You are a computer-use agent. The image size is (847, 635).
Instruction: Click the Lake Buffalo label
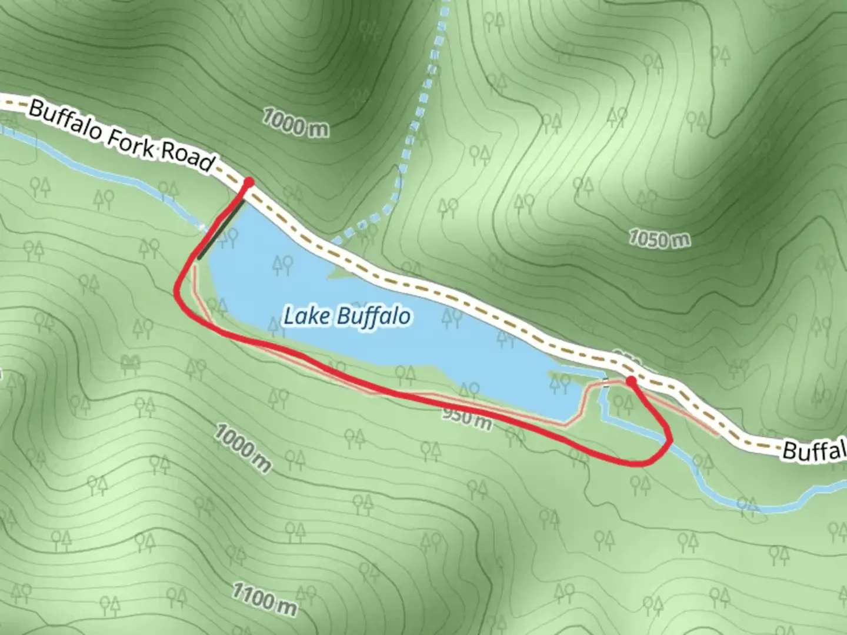pyautogui.click(x=347, y=316)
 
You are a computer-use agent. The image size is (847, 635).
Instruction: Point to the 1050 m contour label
pyautogui.click(x=659, y=239)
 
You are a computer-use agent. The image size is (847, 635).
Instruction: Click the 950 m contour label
pyautogui.click(x=467, y=417)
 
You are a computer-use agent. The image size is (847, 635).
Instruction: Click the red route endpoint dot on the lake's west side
pyautogui.click(x=248, y=183)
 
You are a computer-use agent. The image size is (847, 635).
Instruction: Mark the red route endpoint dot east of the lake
pyautogui.click(x=631, y=381)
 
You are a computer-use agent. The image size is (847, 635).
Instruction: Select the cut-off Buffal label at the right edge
pyautogui.click(x=815, y=451)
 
